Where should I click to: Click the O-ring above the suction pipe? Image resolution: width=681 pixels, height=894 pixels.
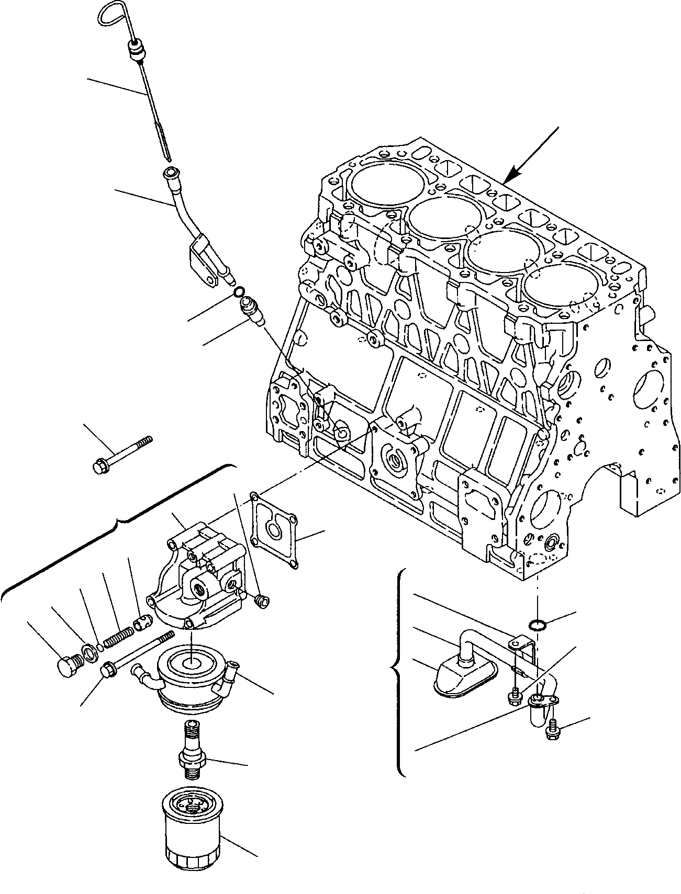[x=537, y=624]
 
